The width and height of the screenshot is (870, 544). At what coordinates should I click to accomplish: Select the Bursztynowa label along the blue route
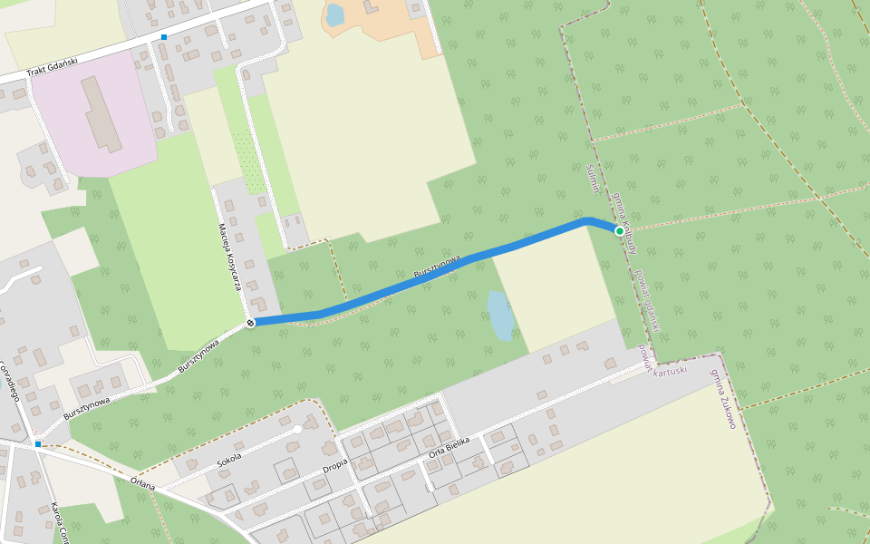pos(437,267)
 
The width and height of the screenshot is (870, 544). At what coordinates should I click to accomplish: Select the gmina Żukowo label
pos(723,398)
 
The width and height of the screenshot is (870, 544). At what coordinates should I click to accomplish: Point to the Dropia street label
pos(335,469)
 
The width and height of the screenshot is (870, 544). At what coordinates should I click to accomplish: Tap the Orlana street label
pos(143,482)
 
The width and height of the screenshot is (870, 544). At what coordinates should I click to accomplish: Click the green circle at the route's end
pos(620,230)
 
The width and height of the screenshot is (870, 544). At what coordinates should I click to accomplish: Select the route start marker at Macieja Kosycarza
pos(250,323)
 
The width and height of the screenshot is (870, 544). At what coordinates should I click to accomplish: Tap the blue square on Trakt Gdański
pos(164,37)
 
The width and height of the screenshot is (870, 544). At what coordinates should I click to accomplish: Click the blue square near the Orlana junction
pos(38,444)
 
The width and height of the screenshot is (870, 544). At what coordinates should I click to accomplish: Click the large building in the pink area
pos(103,113)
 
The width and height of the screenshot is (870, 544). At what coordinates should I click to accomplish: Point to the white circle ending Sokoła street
pos(297,429)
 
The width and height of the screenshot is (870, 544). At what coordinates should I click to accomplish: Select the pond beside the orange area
pos(334,15)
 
